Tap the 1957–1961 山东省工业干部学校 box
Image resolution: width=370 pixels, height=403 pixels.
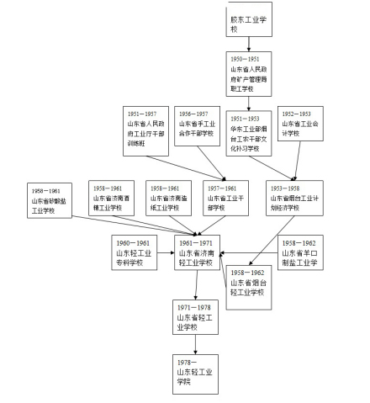(x=224, y=198)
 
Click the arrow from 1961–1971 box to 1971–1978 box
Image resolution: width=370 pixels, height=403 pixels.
(x=196, y=286)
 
